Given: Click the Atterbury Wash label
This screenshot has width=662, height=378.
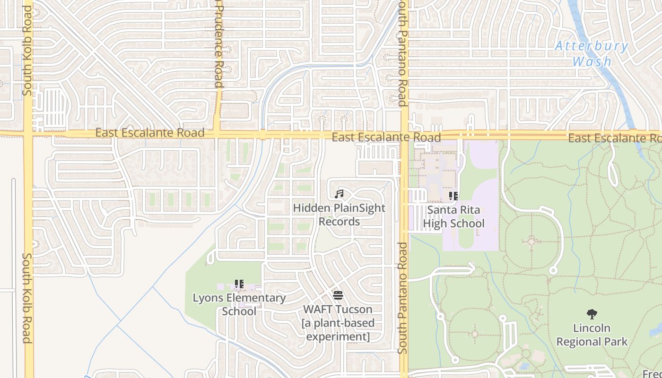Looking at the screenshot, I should tap(592, 54).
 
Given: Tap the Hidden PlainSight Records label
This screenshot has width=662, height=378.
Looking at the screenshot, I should tap(339, 215).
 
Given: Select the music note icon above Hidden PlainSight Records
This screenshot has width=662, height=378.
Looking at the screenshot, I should tap(339, 194).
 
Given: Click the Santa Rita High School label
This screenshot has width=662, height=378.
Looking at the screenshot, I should tap(453, 217).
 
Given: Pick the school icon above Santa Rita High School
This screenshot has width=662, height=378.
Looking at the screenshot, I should tap(453, 196).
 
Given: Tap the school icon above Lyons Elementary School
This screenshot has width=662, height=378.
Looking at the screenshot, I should tap(239, 284).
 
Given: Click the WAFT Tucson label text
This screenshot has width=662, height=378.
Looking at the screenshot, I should tap(338, 323).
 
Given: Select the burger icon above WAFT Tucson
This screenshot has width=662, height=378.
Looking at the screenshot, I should tap(338, 296).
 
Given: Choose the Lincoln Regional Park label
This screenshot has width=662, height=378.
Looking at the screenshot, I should tap(592, 335).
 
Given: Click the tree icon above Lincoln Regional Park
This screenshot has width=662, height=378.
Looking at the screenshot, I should tap(592, 314).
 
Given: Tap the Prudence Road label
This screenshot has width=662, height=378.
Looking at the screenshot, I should tap(218, 45).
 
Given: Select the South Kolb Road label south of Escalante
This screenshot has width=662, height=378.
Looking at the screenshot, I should tap(27, 298).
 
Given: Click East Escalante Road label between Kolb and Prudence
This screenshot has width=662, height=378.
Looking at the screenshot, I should tap(150, 133).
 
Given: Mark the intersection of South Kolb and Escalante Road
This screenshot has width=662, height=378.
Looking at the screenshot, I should tap(28, 133).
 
